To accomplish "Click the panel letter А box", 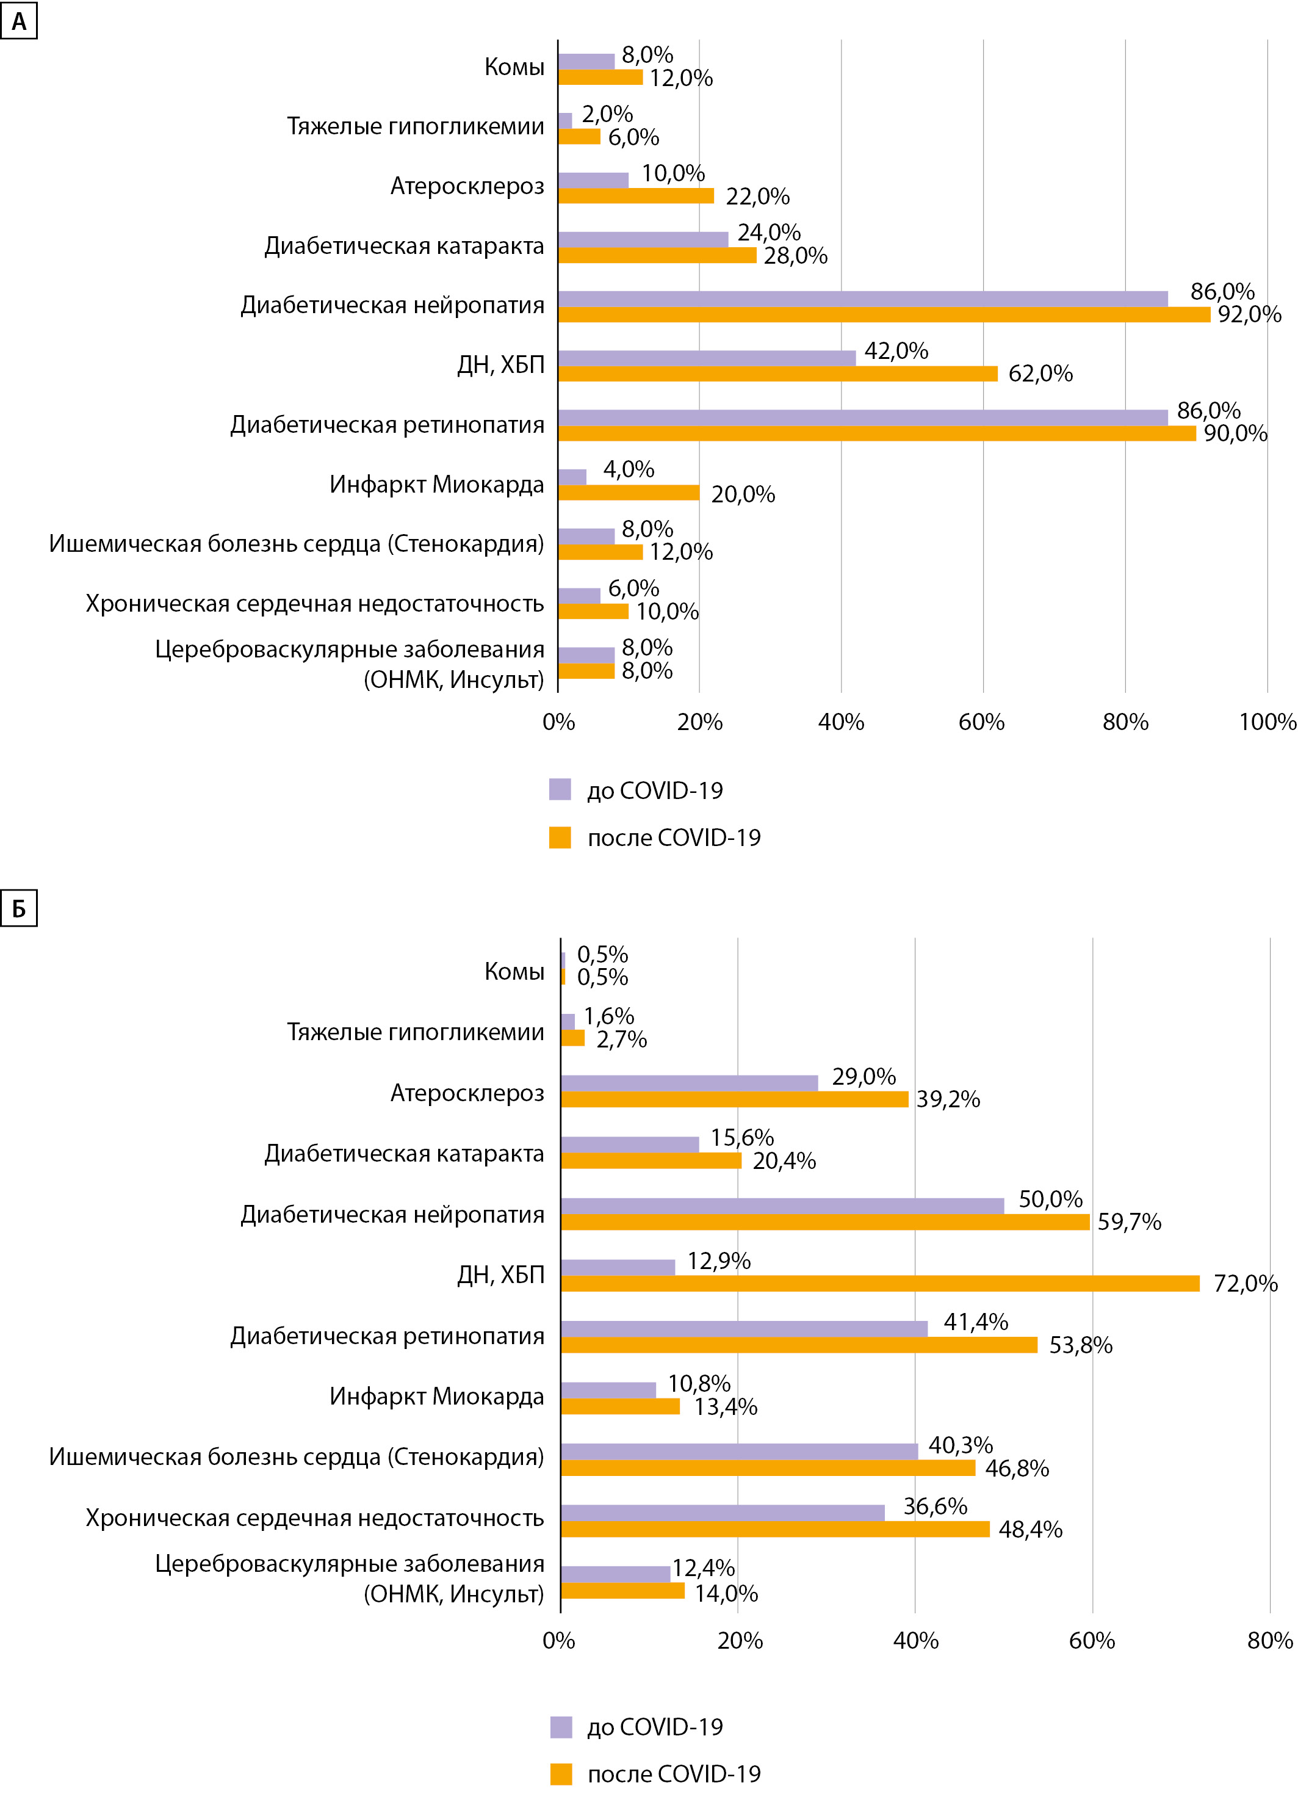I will (19, 21).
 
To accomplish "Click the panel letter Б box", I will (19, 909).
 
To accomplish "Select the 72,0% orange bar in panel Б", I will (879, 1283).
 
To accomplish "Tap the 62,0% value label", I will (1040, 374).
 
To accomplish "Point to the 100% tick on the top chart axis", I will (1267, 722).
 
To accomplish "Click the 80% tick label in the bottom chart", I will (1269, 1641).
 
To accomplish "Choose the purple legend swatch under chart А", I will (560, 789).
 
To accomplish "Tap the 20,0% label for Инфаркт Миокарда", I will (743, 494).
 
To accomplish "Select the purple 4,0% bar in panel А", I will (572, 477).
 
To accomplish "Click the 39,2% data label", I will (948, 1099).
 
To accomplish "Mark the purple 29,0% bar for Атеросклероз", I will (689, 1083).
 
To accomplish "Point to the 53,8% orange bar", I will (799, 1345).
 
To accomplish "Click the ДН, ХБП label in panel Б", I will (500, 1275).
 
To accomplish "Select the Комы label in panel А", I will (514, 67).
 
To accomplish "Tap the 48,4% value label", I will (1030, 1529).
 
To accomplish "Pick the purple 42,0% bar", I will (706, 358).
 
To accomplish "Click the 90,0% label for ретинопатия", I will (1235, 433).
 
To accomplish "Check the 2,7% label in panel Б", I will (622, 1040).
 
